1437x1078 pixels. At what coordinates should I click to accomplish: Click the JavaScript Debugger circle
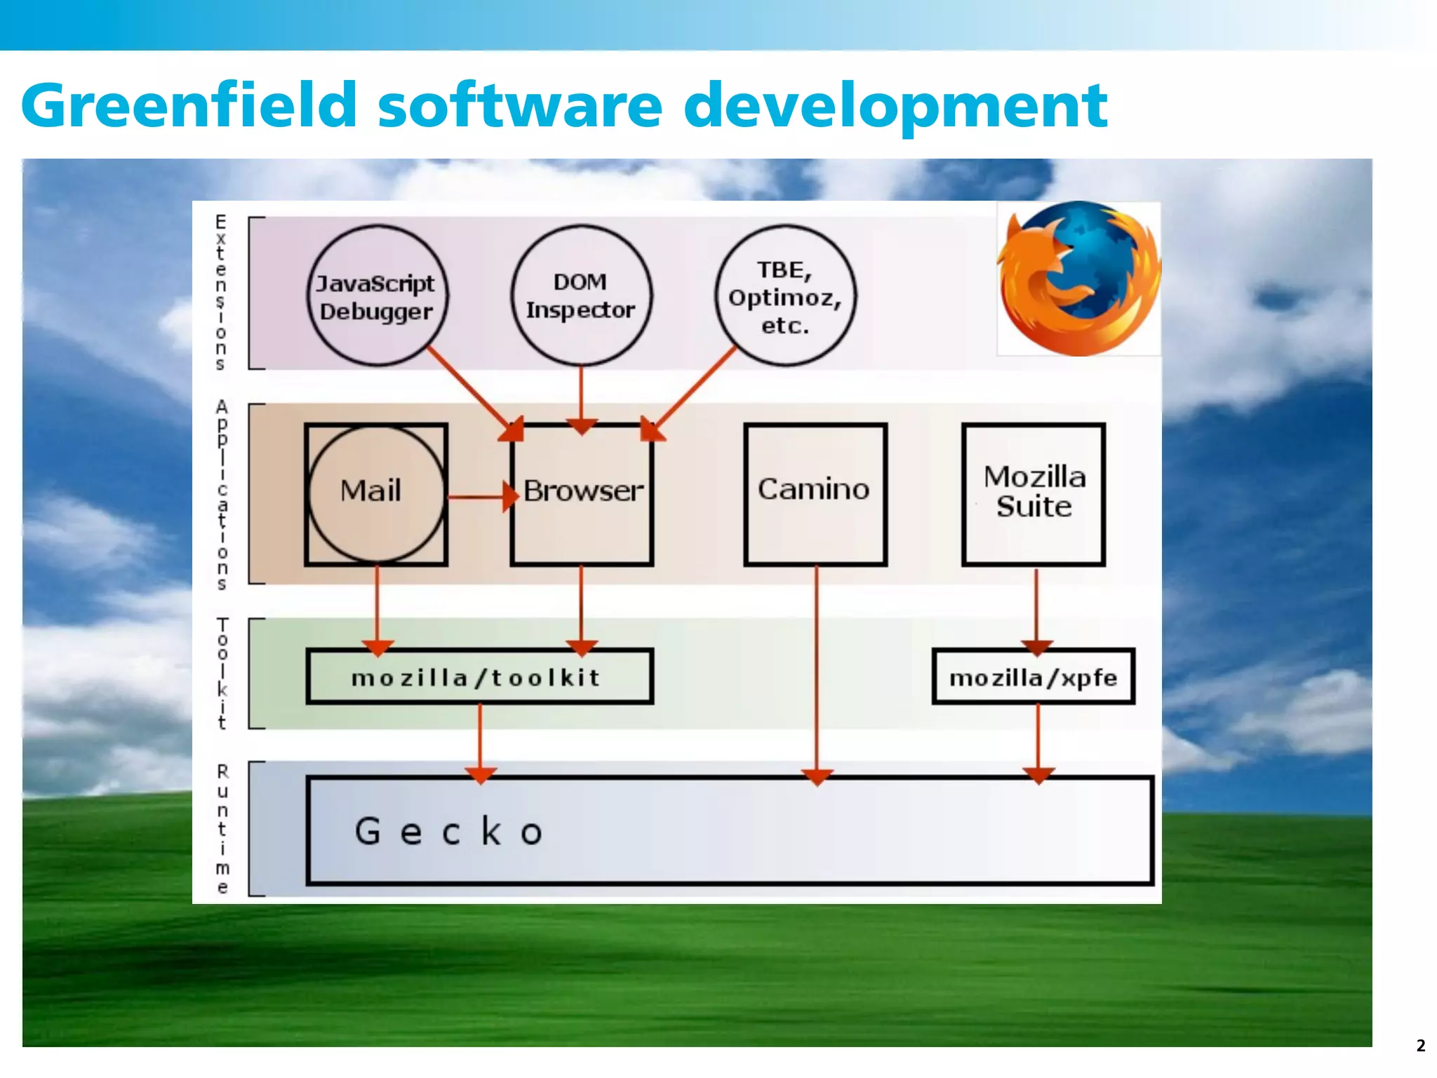tap(377, 295)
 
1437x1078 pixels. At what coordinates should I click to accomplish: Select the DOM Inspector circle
tap(581, 295)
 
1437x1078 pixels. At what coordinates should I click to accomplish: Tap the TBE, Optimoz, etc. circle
tap(785, 295)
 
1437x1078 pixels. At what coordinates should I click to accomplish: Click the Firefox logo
tap(1079, 279)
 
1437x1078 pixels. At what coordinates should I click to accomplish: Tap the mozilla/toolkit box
tap(479, 677)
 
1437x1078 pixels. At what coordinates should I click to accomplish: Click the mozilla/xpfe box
tap(1033, 677)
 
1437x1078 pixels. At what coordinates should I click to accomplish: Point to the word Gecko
tap(449, 832)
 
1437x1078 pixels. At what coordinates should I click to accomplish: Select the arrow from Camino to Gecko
tap(816, 674)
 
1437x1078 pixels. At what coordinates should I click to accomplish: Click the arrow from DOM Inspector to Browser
tap(581, 397)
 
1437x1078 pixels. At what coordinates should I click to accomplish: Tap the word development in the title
tap(895, 107)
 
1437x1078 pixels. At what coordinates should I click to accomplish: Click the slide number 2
tap(1421, 1046)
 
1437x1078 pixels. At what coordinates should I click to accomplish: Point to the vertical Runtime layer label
tap(222, 829)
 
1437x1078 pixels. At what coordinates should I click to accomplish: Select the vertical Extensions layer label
tap(220, 293)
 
